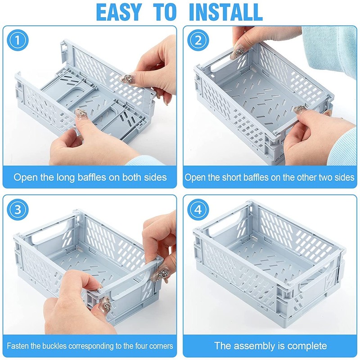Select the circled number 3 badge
point(18,210)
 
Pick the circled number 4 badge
point(198,210)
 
